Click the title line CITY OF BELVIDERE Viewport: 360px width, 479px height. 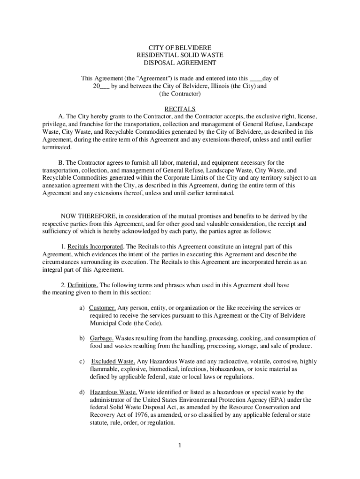tap(180, 48)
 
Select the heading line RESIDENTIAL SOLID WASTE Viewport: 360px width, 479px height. tap(180, 55)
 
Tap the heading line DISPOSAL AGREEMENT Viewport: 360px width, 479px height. tap(180, 63)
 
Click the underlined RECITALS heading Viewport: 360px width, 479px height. tap(180, 109)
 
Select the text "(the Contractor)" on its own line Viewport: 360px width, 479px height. tap(180, 94)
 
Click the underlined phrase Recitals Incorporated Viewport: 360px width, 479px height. tap(95, 247)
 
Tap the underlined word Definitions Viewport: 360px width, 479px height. tap(83, 285)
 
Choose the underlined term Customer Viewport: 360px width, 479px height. tap(102, 308)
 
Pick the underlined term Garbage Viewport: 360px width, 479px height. tap(101, 338)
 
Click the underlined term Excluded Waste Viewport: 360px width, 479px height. tap(113, 362)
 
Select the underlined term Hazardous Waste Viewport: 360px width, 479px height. tap(113, 392)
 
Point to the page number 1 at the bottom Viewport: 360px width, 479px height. tap(180, 445)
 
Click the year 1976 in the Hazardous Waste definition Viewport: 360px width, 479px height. tap(133, 415)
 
